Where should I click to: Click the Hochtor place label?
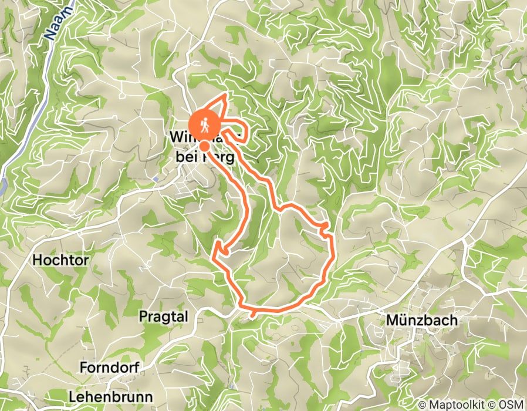tap(58, 259)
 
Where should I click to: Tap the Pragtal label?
tap(163, 316)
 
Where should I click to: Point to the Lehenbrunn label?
tap(110, 396)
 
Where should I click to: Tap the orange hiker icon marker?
tap(205, 124)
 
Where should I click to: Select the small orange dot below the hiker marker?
tap(204, 146)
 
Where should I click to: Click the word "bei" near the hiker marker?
tap(187, 157)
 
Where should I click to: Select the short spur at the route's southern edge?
tap(253, 314)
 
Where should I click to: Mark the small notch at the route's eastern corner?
tap(325, 225)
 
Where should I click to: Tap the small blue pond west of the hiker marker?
tap(156, 178)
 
